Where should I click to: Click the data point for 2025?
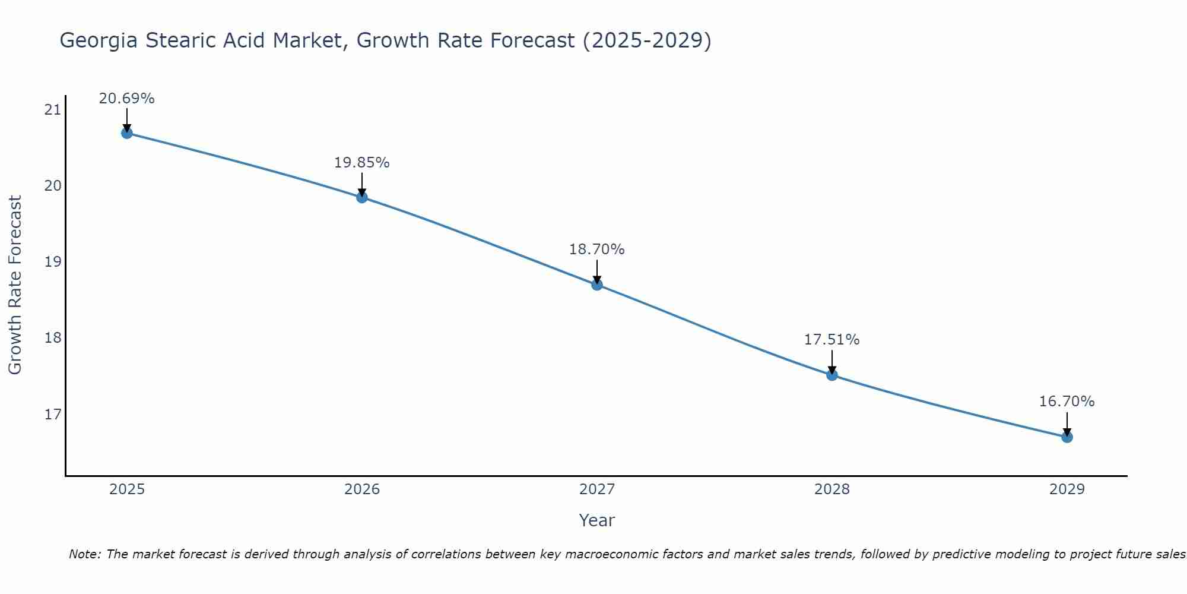tap(126, 133)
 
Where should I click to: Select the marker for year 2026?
tap(362, 197)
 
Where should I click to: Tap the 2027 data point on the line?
tap(597, 285)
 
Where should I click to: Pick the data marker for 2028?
tap(832, 375)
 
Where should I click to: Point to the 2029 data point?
tap(1067, 437)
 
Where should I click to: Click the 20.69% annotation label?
tap(126, 99)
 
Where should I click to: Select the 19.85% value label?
tap(361, 163)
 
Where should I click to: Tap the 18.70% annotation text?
tap(596, 249)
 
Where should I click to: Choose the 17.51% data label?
tap(831, 340)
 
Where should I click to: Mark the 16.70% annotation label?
tap(1067, 402)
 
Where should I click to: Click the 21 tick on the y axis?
tap(53, 109)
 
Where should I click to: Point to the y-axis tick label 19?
tap(53, 261)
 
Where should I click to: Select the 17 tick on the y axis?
tap(53, 413)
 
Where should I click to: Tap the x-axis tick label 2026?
tap(362, 489)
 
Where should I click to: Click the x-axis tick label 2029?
tap(1067, 489)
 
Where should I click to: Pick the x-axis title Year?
tap(596, 520)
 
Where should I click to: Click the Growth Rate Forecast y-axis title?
tap(15, 285)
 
